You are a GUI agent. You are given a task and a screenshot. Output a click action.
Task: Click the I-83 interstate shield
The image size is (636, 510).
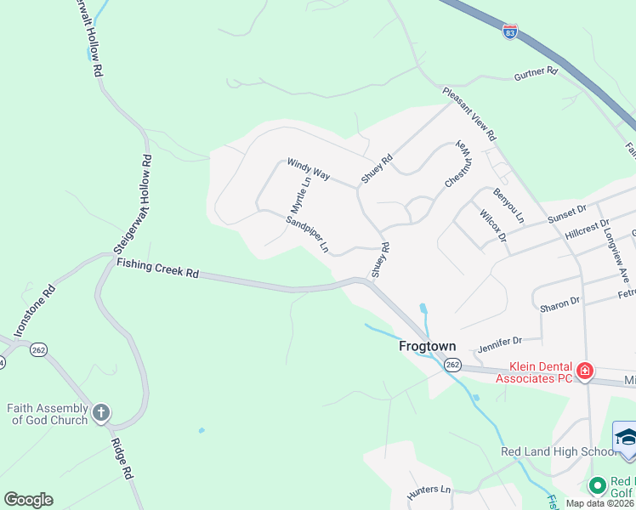tap(509, 32)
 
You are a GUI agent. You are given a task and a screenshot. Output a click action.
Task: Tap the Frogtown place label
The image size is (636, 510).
tap(428, 347)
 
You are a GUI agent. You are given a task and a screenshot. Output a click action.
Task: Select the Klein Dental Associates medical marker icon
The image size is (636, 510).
tap(584, 371)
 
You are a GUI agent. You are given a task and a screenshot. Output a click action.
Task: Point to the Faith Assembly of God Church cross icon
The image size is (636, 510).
tap(100, 414)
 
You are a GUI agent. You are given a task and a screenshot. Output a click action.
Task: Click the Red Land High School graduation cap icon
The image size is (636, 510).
tap(626, 436)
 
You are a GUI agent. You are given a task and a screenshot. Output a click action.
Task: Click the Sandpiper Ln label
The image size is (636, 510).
tap(307, 235)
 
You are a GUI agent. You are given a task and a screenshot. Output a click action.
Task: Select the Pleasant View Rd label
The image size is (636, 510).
tap(468, 113)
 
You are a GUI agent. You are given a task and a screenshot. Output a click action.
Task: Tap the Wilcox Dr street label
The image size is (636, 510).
tap(493, 226)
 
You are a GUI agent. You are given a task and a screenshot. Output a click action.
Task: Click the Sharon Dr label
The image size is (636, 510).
tap(562, 302)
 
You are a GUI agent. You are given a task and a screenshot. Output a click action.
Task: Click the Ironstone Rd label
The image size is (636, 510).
tap(35, 310)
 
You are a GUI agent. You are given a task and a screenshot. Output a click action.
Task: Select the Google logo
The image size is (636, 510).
tap(28, 500)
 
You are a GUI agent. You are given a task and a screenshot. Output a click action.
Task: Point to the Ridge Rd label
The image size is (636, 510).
tap(122, 459)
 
